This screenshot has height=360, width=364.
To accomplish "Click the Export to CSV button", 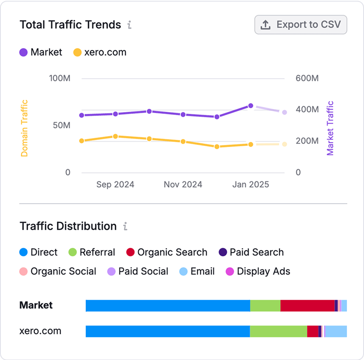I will [301, 25].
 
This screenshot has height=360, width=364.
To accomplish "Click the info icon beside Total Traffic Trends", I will [129, 25].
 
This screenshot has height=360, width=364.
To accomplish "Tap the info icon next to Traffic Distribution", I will [125, 226].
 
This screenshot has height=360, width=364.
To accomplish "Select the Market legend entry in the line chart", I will [41, 52].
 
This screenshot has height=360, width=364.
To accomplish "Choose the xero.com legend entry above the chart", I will [100, 52].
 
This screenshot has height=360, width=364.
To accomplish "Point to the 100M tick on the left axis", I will [60, 79].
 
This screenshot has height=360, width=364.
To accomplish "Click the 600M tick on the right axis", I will [307, 79].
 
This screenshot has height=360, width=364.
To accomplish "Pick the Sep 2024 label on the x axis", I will [115, 184].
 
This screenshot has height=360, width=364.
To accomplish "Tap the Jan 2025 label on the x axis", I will [250, 184].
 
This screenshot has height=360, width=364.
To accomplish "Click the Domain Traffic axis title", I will [24, 128].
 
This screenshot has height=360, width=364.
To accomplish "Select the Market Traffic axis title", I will [330, 128].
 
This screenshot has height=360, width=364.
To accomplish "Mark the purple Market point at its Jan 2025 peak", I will [251, 106].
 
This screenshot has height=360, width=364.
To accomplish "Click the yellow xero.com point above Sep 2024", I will [115, 136].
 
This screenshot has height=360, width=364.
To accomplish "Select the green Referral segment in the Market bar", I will [265, 306].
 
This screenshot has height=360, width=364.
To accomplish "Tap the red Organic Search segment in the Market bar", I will [307, 306].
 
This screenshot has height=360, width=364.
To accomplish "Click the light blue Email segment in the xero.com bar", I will [336, 331].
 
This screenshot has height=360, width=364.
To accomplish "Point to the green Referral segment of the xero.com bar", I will [279, 331].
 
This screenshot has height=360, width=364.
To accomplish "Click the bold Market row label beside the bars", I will [36, 305].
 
